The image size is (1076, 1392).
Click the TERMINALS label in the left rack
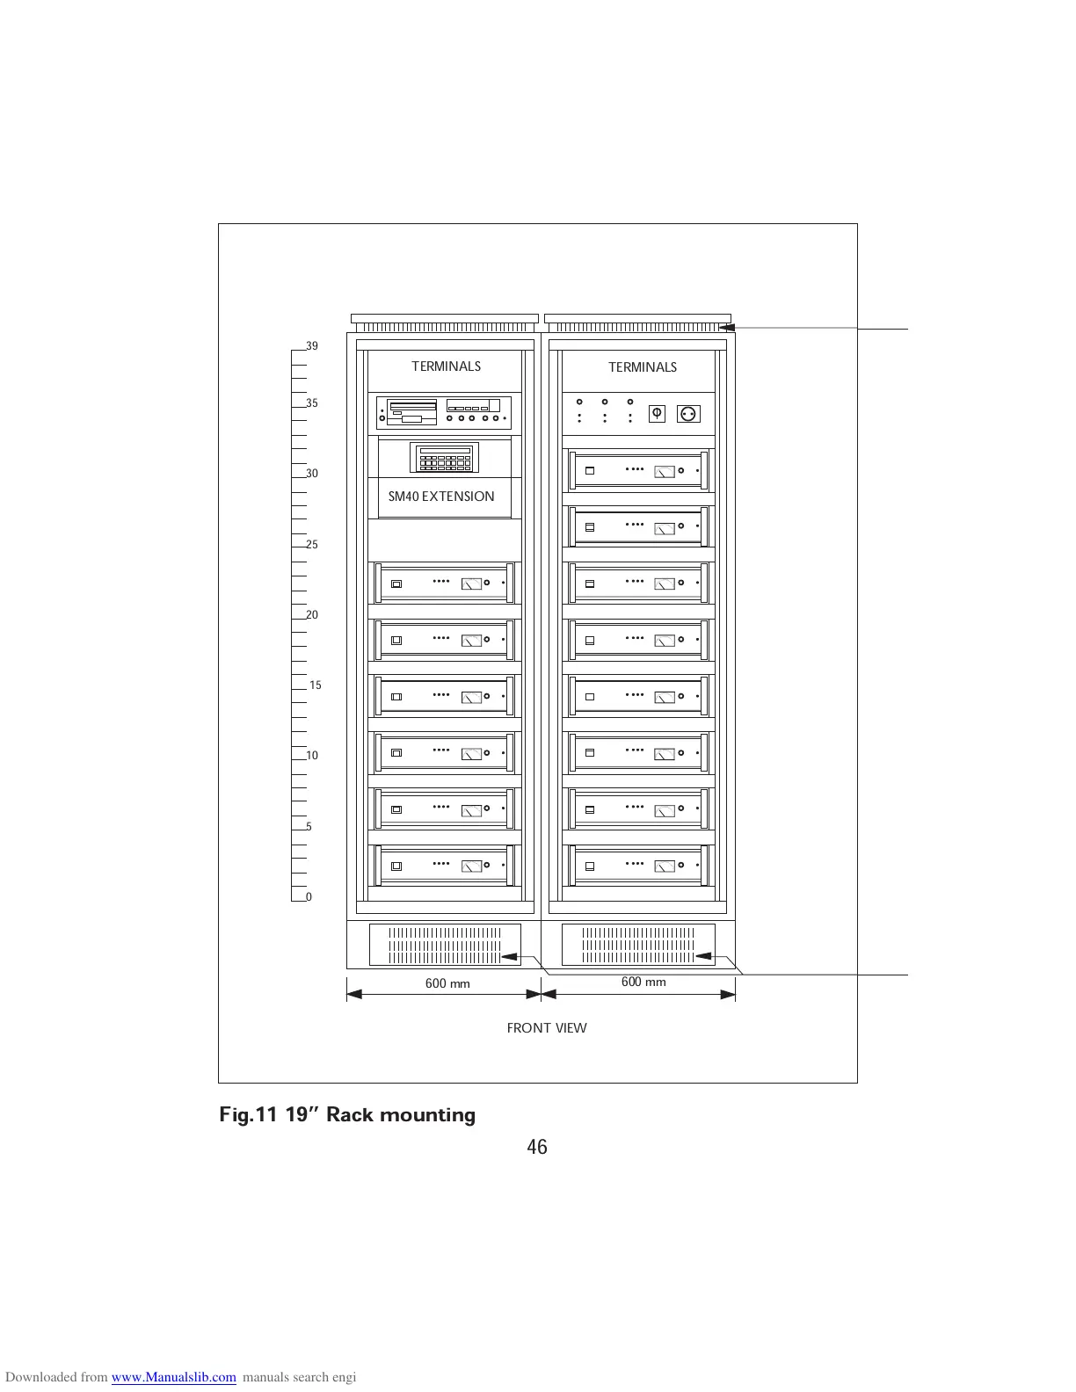(x=446, y=366)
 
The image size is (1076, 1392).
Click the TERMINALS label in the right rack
(x=643, y=367)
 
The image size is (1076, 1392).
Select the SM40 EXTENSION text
(x=441, y=497)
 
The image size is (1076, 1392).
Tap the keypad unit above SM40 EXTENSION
(x=444, y=457)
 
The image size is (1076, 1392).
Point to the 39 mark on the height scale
(x=312, y=346)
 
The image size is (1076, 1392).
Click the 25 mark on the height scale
(x=312, y=545)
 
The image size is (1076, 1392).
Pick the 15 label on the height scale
(x=316, y=685)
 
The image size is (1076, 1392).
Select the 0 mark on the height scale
(x=309, y=897)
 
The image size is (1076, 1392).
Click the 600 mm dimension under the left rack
(x=447, y=983)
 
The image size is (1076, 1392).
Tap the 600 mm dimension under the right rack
(x=643, y=982)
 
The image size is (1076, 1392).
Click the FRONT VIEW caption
(x=547, y=1028)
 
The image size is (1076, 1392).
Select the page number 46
(x=537, y=1147)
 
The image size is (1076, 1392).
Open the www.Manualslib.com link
(x=173, y=1377)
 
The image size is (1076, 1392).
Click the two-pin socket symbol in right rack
(x=688, y=413)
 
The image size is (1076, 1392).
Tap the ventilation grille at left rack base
(x=445, y=945)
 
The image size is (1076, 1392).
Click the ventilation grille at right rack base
(x=638, y=945)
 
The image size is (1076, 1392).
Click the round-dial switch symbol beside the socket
(x=657, y=413)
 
